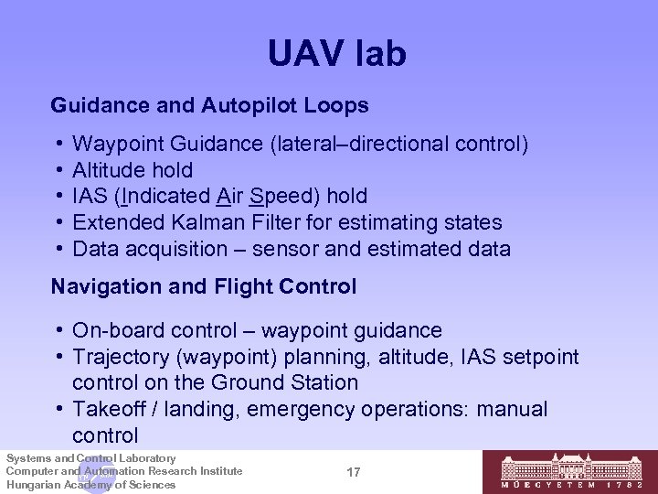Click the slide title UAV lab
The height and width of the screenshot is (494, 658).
336,54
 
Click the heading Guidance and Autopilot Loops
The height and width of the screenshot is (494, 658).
210,106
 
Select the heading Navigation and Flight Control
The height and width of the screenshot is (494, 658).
204,287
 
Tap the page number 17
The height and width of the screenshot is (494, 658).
355,472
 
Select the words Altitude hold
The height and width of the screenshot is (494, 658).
133,170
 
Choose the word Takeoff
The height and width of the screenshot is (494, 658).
110,409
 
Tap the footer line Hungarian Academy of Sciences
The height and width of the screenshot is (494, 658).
90,485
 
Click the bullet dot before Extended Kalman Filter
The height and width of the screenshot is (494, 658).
58,222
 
